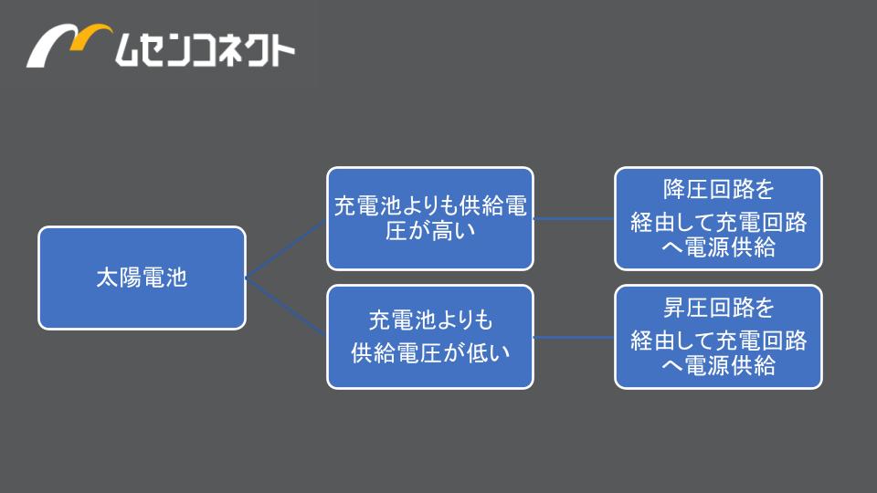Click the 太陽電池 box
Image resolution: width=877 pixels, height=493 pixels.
tap(143, 278)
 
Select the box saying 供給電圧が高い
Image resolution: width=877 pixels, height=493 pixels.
tap(430, 218)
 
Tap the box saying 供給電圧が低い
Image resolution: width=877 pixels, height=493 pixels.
tap(430, 337)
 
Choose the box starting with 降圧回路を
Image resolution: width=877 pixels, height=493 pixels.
tap(718, 218)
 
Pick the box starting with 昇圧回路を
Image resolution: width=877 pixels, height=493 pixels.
tap(718, 337)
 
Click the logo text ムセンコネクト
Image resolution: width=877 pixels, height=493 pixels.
tap(205, 49)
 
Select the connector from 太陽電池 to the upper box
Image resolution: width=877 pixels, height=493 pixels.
tap(286, 248)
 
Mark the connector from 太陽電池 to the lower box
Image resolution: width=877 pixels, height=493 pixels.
tap(286, 307)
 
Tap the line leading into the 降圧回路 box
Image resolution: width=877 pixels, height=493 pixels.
tap(574, 218)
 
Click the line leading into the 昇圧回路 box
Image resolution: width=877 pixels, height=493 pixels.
tap(574, 337)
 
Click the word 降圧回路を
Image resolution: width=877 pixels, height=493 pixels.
tap(719, 190)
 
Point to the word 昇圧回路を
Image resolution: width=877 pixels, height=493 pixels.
tap(719, 308)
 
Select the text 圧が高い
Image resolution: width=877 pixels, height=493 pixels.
tap(430, 230)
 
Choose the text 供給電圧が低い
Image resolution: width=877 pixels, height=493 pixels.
tap(430, 352)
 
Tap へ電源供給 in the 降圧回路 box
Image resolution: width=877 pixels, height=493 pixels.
tap(719, 247)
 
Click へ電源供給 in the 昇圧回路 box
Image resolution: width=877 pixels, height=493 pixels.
tap(719, 366)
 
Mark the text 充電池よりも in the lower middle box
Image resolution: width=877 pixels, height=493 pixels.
tap(430, 320)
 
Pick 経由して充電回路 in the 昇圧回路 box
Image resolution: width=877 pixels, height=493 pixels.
tap(719, 341)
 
